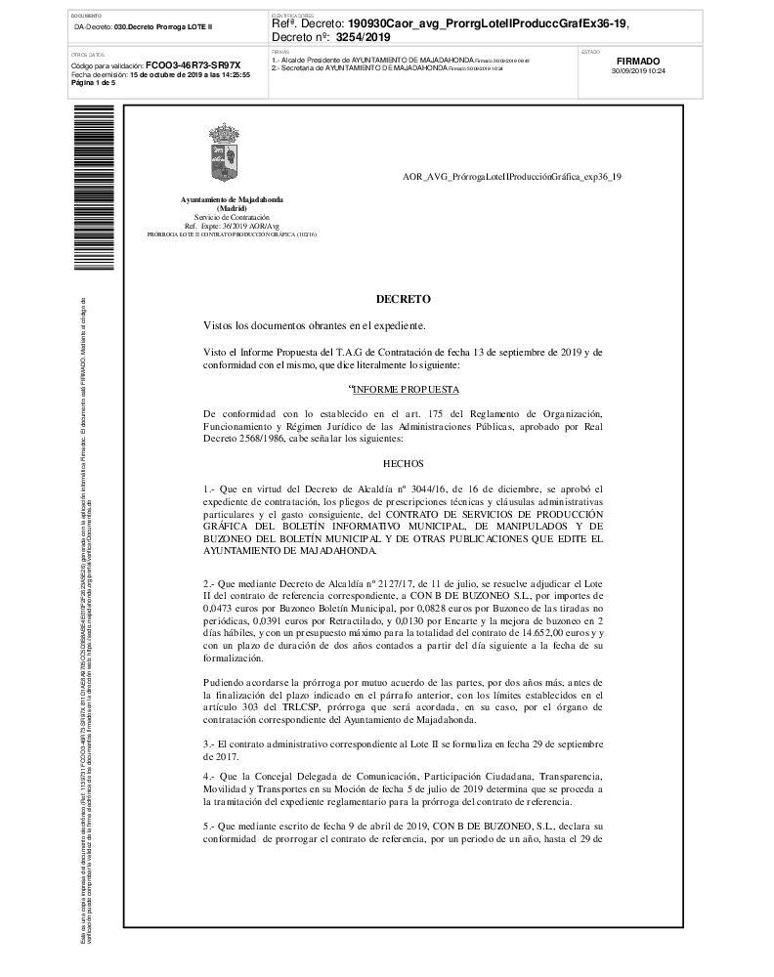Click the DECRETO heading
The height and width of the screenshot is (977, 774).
coord(403,299)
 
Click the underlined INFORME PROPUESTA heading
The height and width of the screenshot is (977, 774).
coord(404,389)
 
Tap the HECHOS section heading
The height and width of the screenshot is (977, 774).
coord(404,466)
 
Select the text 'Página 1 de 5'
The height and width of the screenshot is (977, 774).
coord(94,83)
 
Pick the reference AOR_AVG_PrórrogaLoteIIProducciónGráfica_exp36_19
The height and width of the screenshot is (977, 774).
coord(512,177)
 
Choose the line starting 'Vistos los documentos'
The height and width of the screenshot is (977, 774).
coord(314,324)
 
